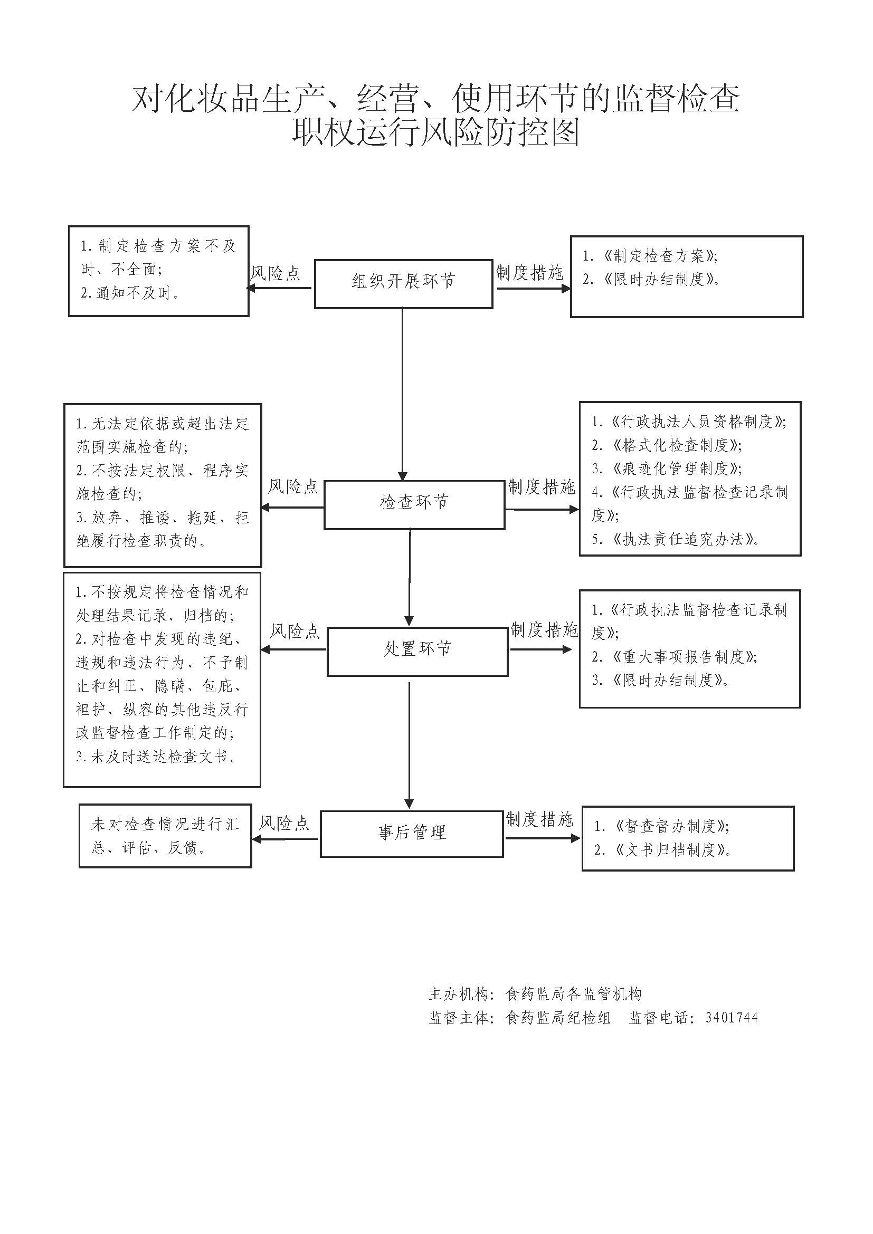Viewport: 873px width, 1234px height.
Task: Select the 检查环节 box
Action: [414, 504]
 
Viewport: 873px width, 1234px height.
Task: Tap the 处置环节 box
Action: [417, 651]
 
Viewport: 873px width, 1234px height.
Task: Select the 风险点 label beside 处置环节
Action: [295, 630]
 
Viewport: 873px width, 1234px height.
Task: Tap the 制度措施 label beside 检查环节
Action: [542, 487]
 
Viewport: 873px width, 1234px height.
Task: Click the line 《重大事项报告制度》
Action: [675, 656]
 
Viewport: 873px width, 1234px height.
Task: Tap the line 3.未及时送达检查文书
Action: [156, 757]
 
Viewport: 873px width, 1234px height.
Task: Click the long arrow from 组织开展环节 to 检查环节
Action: [402, 393]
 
